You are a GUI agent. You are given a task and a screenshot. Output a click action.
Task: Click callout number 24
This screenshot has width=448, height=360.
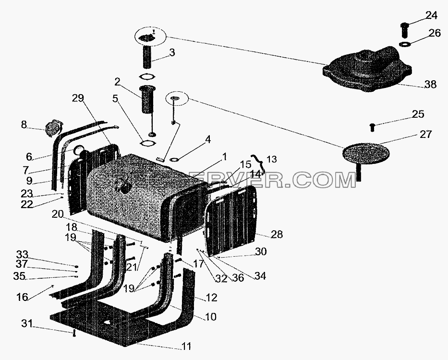click(x=431, y=15)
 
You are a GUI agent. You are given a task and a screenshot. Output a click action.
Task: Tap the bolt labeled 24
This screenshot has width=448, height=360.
click(x=405, y=30)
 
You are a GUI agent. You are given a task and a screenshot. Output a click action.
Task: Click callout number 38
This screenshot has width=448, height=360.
click(x=431, y=85)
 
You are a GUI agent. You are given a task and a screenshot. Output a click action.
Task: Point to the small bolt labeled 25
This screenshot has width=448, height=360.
click(x=372, y=127)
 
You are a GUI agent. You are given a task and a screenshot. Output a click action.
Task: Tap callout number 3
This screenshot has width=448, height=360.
click(x=172, y=52)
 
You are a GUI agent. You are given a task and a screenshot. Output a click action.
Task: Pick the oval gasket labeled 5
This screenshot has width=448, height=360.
click(x=148, y=143)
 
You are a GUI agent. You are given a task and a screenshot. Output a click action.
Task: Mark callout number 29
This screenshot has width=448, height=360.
click(x=78, y=99)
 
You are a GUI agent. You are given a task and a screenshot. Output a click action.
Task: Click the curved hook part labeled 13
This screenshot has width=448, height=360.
click(x=258, y=164)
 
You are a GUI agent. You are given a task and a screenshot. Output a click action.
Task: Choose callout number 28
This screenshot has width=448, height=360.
click(x=277, y=235)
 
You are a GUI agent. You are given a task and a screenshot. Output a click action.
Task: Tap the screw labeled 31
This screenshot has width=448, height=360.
click(x=74, y=333)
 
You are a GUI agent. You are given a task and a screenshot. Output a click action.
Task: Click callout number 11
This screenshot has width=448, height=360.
click(x=186, y=346)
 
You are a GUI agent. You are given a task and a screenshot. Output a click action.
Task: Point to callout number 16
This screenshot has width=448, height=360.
click(x=22, y=297)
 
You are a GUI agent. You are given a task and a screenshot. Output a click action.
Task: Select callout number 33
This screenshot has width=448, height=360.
click(x=22, y=254)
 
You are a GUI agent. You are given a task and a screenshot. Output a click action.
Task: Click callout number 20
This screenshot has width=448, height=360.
click(x=58, y=214)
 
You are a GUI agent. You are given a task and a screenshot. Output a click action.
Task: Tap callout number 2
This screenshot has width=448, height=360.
click(x=118, y=82)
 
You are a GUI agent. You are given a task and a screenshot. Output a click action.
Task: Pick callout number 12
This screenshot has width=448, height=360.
click(x=211, y=298)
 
